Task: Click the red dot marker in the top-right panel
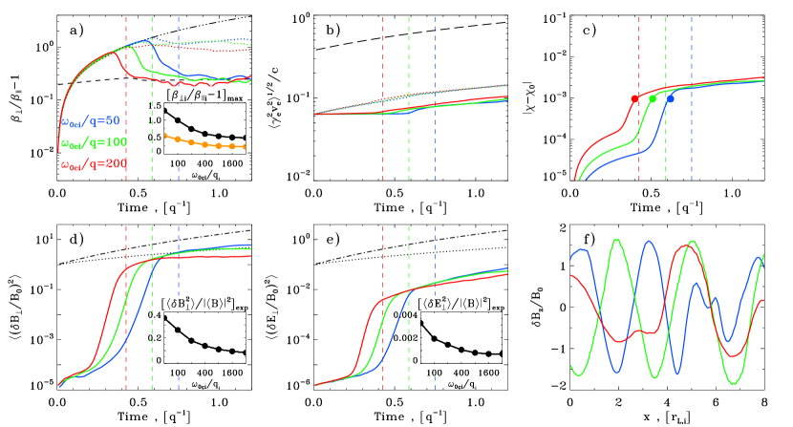634,99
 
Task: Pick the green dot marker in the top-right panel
653,99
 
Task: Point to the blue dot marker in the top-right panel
671,99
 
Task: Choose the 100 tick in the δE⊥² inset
434,374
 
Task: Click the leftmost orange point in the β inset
164,136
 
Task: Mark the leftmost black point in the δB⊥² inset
164,318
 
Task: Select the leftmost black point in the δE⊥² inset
421,323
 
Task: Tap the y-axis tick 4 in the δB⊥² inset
159,314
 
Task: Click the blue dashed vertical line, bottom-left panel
178,306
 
